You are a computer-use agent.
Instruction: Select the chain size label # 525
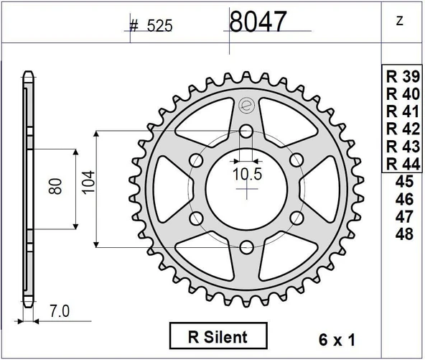pos(151,27)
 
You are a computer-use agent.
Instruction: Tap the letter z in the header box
pos(399,22)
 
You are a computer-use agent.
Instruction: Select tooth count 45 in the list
pos(404,181)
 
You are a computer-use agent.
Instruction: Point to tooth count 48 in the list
pos(404,234)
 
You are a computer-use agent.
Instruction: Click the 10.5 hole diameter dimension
pos(246,173)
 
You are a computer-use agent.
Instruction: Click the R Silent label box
pos(218,336)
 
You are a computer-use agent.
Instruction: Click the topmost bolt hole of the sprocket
pos(246,131)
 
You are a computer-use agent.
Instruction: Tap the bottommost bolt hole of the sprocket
pos(246,247)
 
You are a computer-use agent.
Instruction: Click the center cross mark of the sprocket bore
pos(246,190)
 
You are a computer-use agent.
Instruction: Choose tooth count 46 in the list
pos(404,199)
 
